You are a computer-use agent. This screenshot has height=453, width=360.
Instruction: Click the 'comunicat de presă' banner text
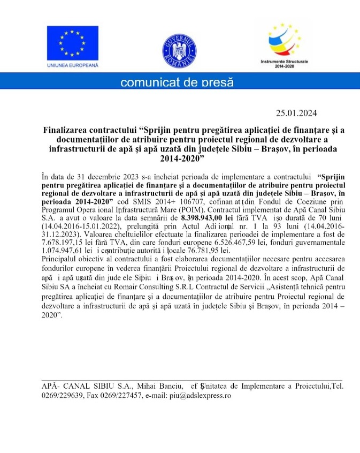(177, 82)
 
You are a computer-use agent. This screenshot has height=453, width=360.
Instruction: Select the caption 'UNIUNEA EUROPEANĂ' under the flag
(73, 65)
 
